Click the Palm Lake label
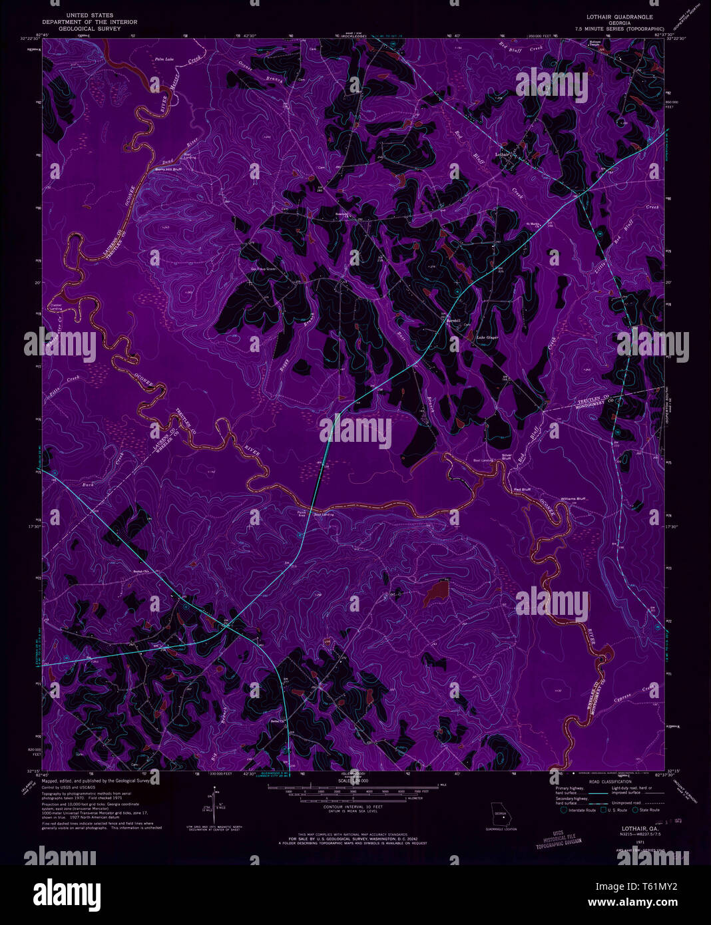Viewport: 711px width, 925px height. pos(164,59)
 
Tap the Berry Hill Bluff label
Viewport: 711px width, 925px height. pos(168,170)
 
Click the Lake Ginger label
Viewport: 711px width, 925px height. pos(487,337)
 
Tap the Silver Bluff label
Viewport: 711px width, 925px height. pos(507,457)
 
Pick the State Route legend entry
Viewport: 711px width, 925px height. pos(646,810)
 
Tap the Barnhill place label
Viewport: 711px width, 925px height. pos(453,321)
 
